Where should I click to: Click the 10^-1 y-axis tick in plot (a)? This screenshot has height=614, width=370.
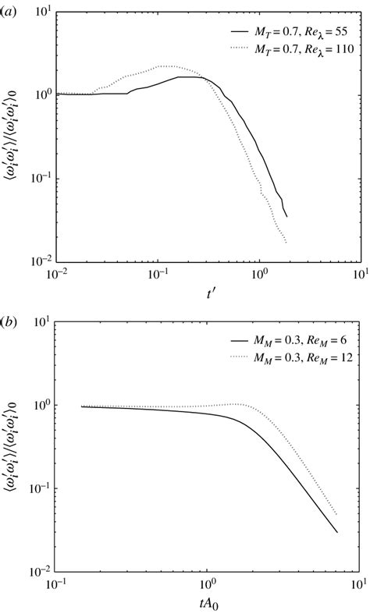click(x=37, y=178)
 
